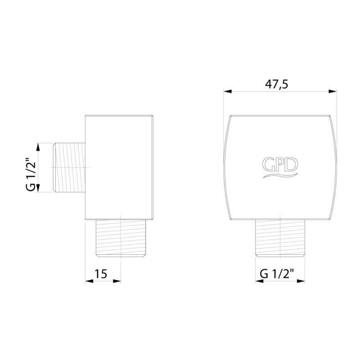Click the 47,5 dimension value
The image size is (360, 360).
[276, 84]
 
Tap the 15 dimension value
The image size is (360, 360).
[101, 274]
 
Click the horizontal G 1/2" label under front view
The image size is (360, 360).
[277, 274]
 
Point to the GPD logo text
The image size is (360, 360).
[280, 165]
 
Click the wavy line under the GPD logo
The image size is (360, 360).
[280, 175]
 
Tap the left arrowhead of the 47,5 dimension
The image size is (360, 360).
[228, 91]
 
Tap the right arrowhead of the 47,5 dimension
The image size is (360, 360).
[333, 91]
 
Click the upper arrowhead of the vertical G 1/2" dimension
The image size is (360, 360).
[38, 147]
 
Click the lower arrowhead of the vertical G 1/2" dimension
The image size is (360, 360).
[38, 188]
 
